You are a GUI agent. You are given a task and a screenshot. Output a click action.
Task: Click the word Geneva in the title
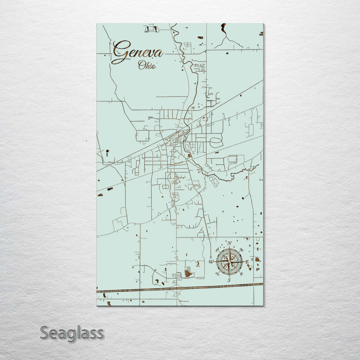(x=137, y=52)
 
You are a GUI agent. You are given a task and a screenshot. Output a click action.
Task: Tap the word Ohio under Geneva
(x=147, y=65)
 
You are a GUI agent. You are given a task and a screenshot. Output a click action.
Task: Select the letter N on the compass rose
(x=229, y=243)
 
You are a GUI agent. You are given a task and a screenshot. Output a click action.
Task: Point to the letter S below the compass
(x=229, y=280)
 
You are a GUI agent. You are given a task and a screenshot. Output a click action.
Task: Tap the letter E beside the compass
(x=247, y=262)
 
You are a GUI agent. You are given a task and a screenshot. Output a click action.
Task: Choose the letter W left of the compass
(x=211, y=262)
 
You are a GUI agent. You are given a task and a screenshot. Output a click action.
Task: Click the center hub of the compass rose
(x=229, y=262)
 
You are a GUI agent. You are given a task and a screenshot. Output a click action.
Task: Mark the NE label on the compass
(x=242, y=250)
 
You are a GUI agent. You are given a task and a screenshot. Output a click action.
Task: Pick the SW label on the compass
(x=217, y=274)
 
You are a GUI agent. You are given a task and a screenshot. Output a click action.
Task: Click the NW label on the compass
(x=217, y=250)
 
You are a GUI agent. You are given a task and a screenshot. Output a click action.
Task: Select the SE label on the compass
(x=241, y=274)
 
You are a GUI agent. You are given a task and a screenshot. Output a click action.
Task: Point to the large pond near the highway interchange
(x=188, y=274)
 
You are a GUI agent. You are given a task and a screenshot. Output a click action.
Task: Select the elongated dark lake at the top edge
(x=223, y=28)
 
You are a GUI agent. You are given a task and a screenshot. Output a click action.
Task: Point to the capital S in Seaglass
(x=46, y=333)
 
